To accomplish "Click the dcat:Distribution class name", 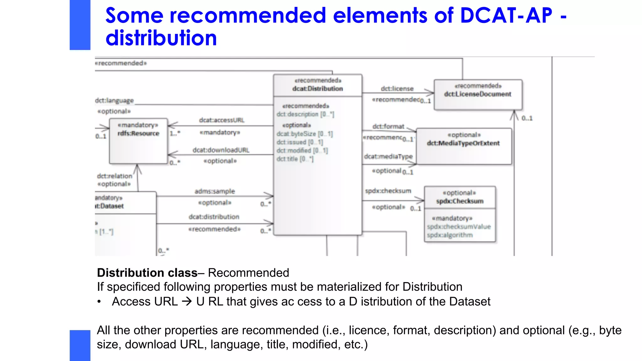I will coord(317,89).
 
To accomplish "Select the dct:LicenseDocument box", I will coord(478,94).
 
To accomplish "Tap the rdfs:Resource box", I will coord(138,141).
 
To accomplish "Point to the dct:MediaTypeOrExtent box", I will coord(463,146).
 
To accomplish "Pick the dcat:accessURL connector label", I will coord(222,120).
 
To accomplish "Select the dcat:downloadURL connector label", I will coord(221,150).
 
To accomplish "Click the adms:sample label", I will coord(214,191).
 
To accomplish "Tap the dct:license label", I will coord(397,89).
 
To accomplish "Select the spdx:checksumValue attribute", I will coord(459,227).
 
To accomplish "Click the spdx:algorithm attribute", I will coord(450,235).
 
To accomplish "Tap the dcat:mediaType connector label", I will coord(388,156).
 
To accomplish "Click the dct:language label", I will coord(114,101).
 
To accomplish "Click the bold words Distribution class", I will coord(147,273).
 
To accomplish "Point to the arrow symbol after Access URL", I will coord(187,301).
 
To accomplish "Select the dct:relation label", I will coord(114,176).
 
